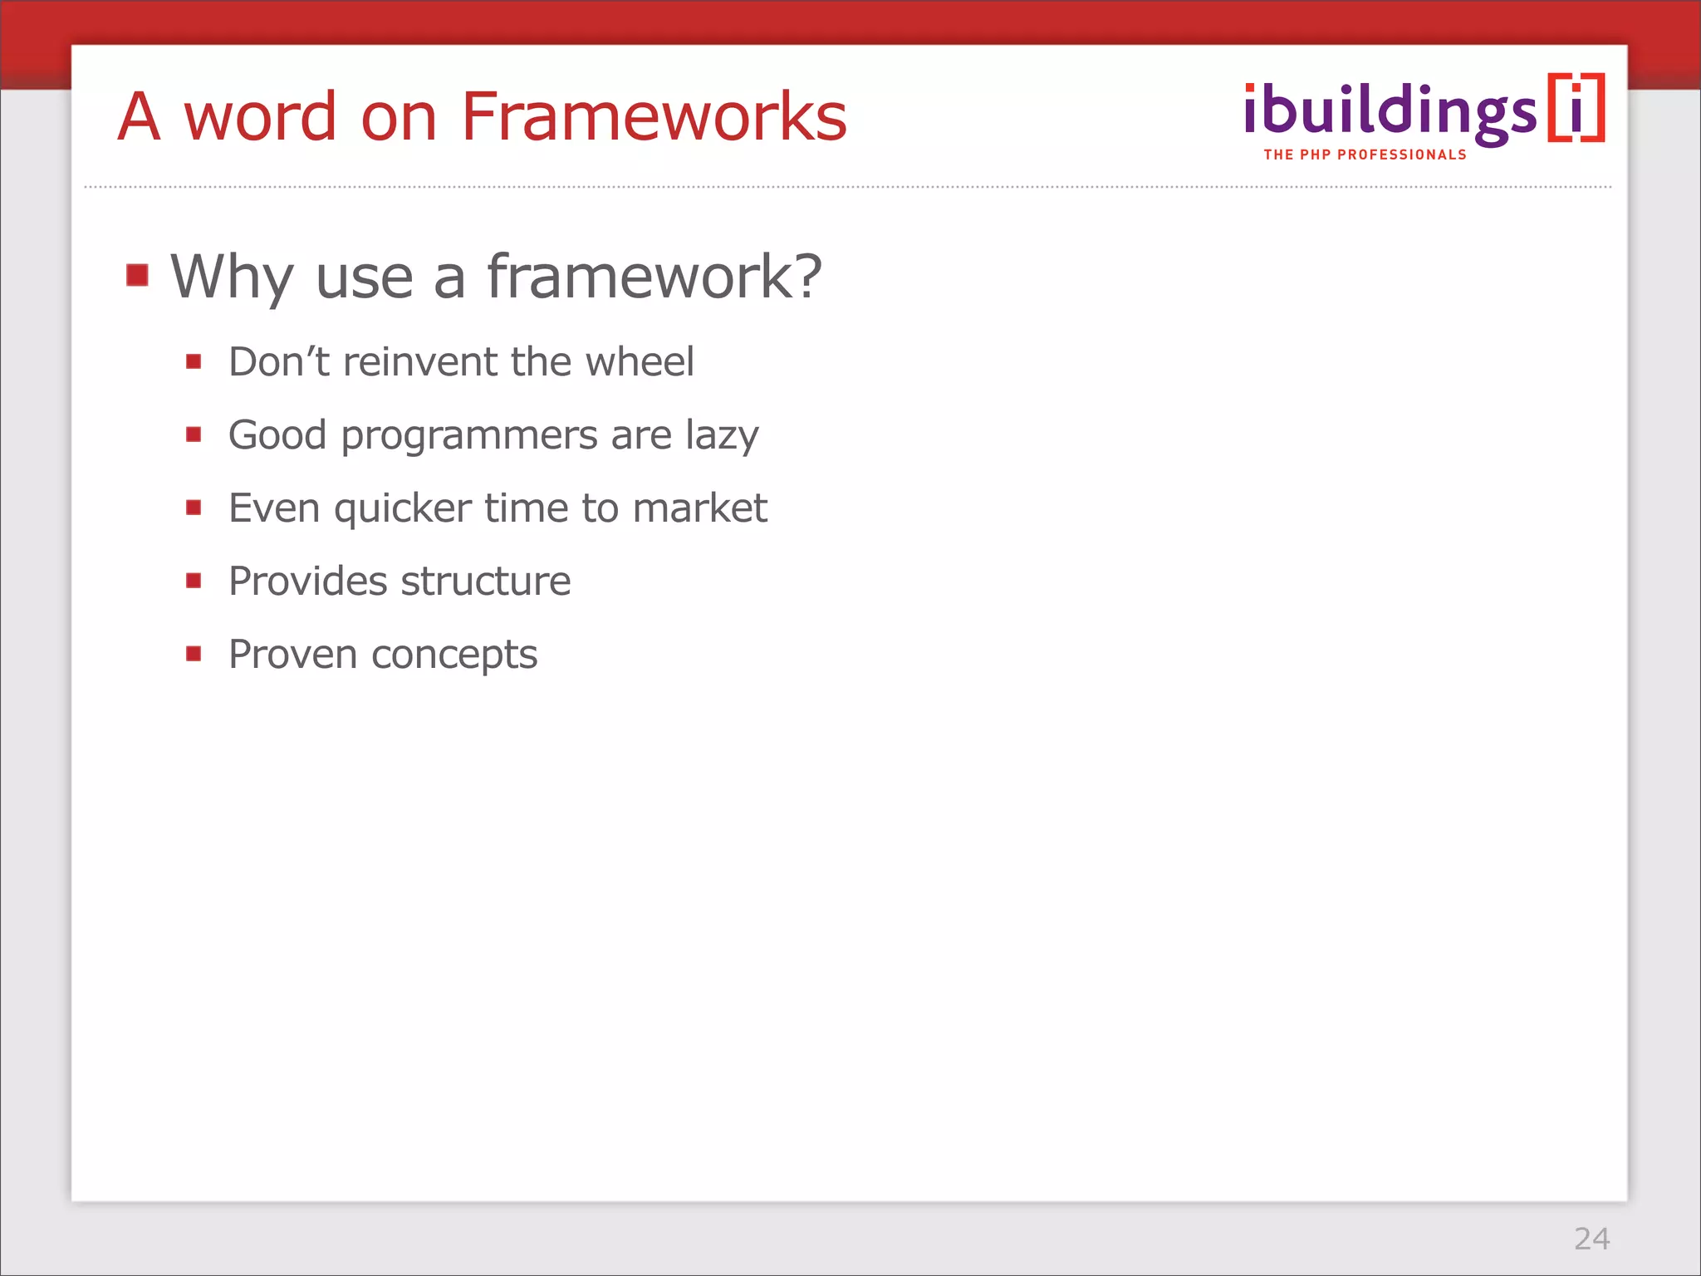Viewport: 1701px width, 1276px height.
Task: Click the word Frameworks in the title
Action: (x=654, y=116)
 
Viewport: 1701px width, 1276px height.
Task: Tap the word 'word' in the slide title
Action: (x=260, y=116)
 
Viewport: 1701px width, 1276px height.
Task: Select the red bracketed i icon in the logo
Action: (x=1576, y=109)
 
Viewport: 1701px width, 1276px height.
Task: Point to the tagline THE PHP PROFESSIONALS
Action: (x=1365, y=155)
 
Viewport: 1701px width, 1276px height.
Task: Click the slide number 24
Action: (x=1591, y=1239)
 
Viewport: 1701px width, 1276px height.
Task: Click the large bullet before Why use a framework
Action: (x=138, y=275)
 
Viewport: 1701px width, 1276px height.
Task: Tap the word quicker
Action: (x=403, y=509)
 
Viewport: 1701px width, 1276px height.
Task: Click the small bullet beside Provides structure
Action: (x=194, y=581)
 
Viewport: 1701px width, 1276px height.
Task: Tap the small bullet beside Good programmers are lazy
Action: (x=194, y=434)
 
